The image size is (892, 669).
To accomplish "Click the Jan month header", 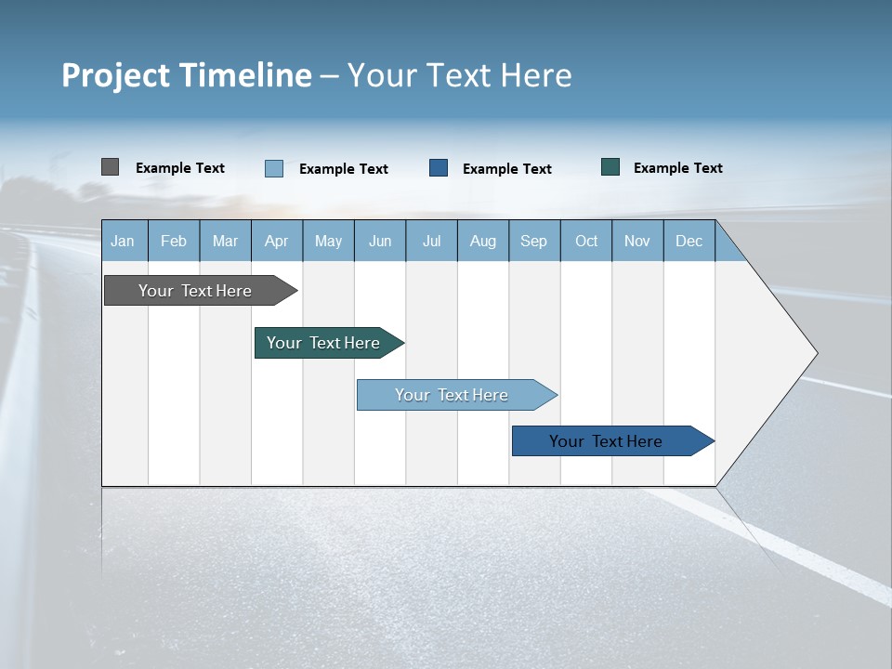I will (124, 241).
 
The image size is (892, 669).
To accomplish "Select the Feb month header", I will (174, 241).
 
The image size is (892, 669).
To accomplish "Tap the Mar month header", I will (225, 241).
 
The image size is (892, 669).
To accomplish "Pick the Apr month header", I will (277, 241).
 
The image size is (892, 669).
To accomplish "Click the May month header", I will (328, 241).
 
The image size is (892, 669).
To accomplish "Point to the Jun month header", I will (380, 241).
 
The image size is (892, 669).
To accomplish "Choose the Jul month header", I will (431, 241).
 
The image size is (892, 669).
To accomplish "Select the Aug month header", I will (483, 241).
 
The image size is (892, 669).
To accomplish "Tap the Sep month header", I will (534, 241).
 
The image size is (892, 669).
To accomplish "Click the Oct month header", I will (586, 241).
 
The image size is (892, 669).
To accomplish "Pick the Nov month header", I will (637, 241).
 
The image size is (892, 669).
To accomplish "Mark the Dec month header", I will (689, 241).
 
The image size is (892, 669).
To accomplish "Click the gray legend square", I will (110, 167).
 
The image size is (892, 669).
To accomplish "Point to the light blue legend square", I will (274, 168).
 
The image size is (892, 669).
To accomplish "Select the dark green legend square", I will (610, 167).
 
